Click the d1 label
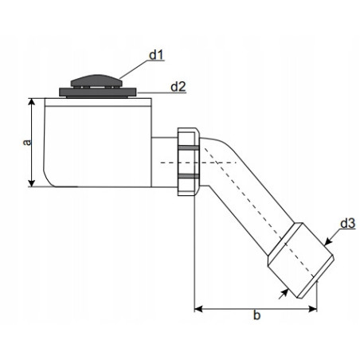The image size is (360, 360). [x=156, y=55]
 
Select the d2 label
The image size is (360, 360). [x=178, y=87]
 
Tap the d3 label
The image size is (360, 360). [x=348, y=223]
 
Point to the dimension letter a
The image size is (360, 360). [x=27, y=143]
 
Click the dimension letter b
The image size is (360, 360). [x=256, y=315]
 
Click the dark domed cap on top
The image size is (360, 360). [x=96, y=80]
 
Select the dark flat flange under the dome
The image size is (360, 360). [x=98, y=92]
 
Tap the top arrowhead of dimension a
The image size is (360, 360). [x=32, y=102]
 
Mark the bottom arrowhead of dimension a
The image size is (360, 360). [x=32, y=183]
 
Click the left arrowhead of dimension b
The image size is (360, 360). [x=198, y=309]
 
